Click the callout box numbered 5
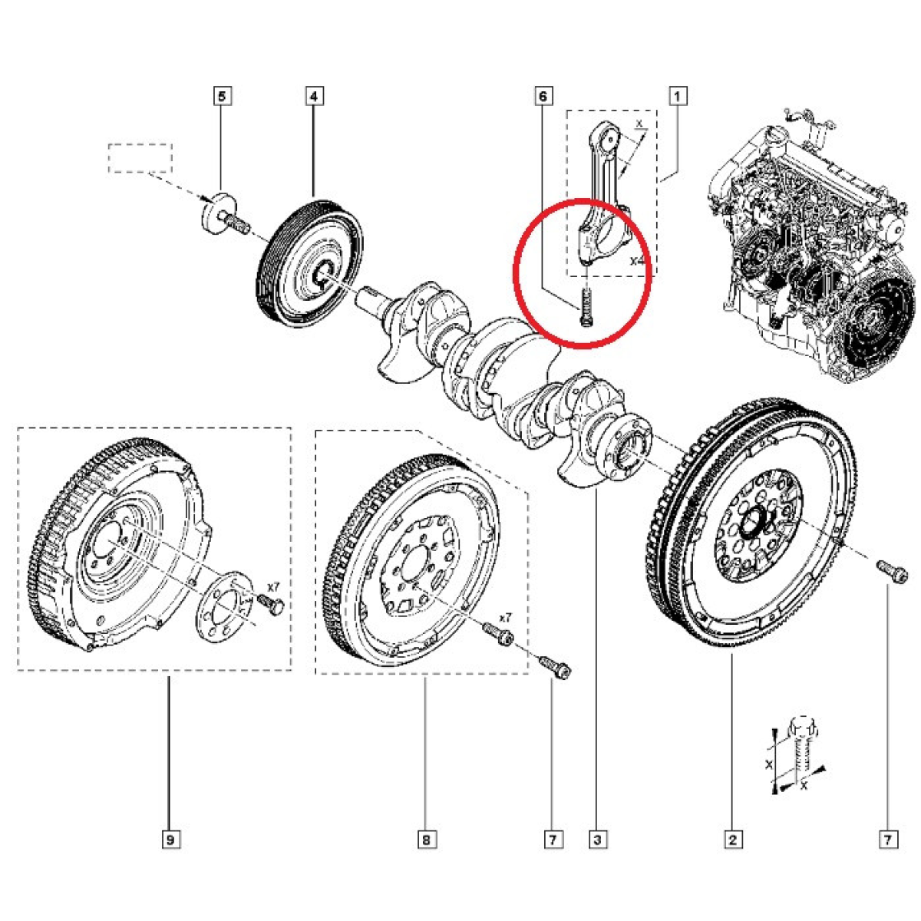click(222, 97)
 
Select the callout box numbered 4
click(314, 97)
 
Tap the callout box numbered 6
click(543, 97)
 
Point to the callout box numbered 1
click(678, 97)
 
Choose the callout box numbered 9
click(170, 840)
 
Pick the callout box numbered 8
click(426, 840)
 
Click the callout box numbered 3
click(597, 840)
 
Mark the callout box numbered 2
click(731, 840)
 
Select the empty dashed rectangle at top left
click(140, 157)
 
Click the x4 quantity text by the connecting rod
click(638, 262)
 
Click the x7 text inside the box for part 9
click(273, 587)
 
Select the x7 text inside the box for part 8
click(504, 617)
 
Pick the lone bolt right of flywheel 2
click(891, 570)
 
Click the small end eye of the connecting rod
click(610, 138)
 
